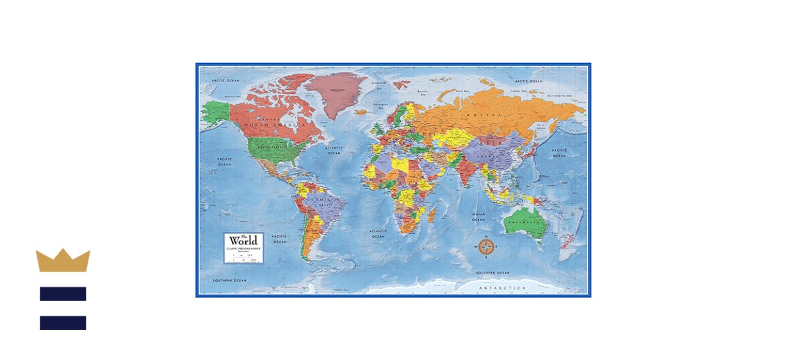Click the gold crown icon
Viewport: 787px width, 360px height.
(63, 261)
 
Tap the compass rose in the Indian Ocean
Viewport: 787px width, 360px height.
(486, 246)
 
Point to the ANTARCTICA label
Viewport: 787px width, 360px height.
(502, 288)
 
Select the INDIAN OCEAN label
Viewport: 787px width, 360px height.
(479, 217)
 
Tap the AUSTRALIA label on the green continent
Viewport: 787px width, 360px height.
(523, 223)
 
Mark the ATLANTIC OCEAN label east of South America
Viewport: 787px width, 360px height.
(378, 233)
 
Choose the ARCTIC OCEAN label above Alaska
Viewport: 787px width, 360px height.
(225, 81)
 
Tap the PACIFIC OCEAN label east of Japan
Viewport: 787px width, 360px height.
(560, 152)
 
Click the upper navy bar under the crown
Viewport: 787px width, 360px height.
(63, 294)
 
